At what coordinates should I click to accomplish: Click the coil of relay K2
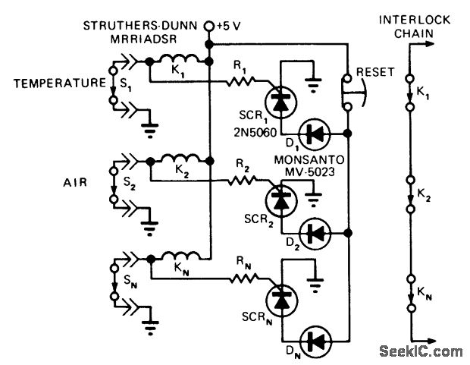[178, 161]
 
